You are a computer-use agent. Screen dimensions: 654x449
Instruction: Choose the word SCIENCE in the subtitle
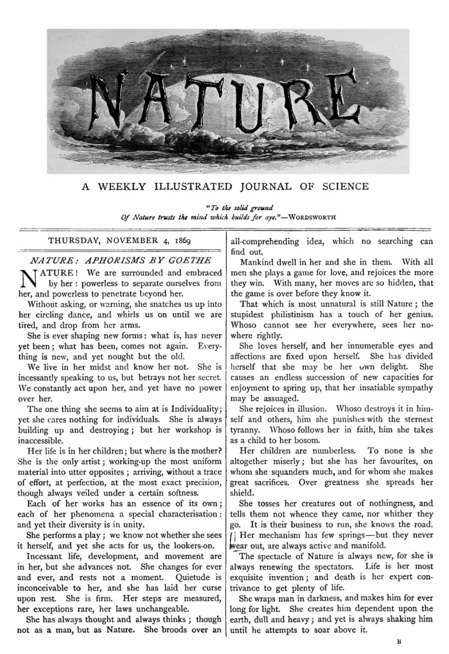click(344, 187)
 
